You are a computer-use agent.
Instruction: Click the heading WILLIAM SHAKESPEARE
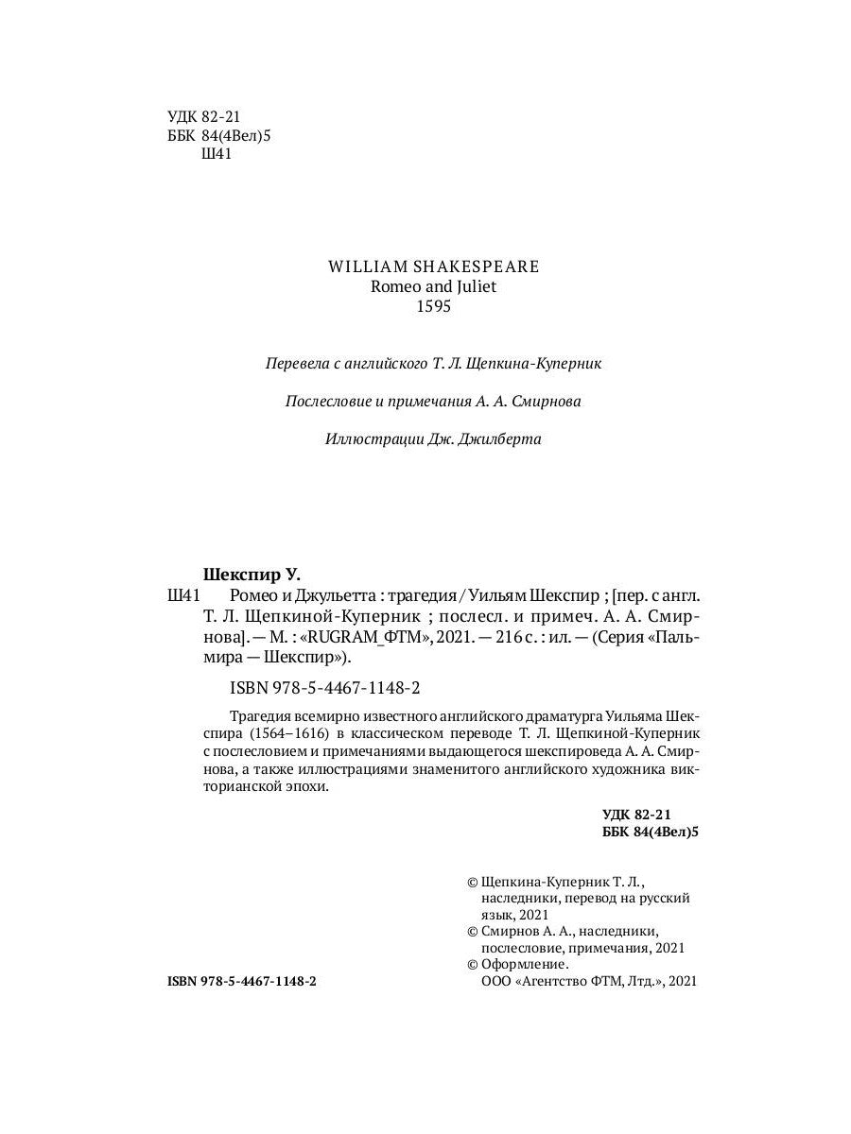(x=433, y=266)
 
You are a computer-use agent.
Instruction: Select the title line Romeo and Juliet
(x=433, y=287)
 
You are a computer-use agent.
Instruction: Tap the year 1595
(x=433, y=308)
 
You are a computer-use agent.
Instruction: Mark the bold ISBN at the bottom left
(x=242, y=982)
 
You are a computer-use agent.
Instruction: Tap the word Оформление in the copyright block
(x=526, y=965)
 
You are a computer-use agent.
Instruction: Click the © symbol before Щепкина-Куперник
(x=473, y=880)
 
